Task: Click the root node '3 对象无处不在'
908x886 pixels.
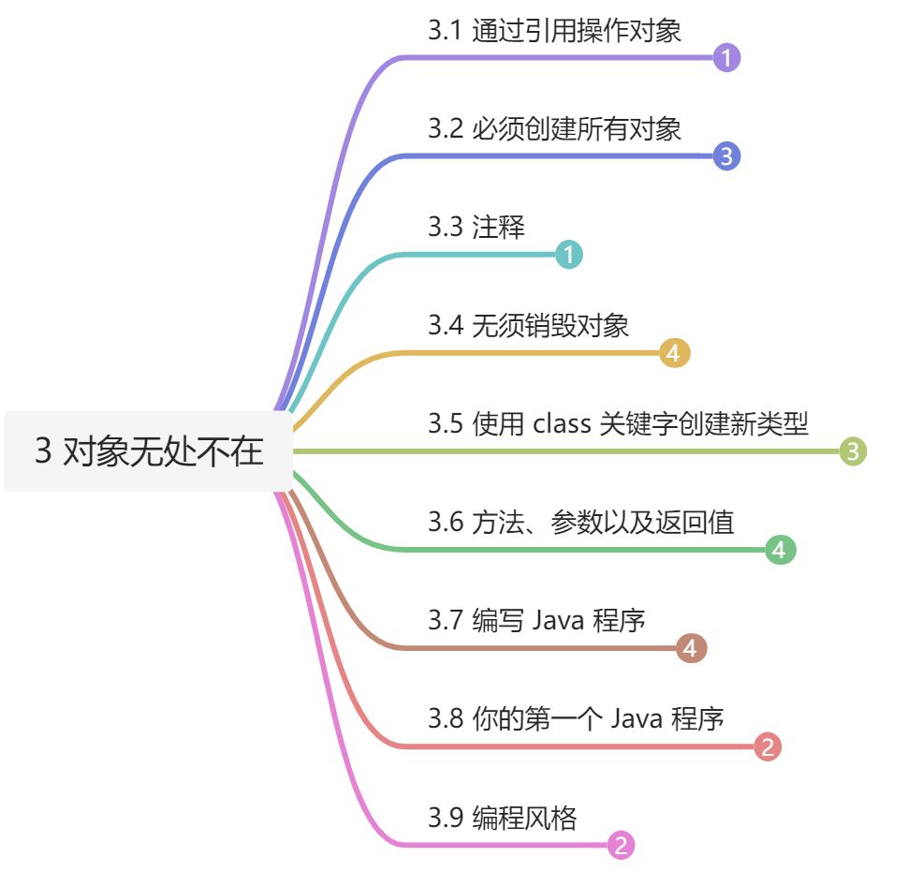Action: pos(149,452)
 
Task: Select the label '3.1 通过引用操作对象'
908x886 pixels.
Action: pos(554,31)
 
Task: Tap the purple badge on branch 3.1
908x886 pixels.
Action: pos(726,58)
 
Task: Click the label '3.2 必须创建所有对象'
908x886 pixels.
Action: pos(554,128)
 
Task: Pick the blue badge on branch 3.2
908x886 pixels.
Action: pos(726,156)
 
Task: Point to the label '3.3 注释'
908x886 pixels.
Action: pos(476,228)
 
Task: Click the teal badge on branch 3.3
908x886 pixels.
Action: pos(568,254)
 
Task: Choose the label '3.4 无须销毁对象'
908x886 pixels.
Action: pos(528,326)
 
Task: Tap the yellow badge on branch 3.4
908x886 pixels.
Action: pos(675,353)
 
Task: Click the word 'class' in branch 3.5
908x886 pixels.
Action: pos(561,424)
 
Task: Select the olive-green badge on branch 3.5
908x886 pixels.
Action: pos(853,452)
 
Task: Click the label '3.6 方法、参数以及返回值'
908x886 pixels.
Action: pos(580,522)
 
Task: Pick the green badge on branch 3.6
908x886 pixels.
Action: pos(780,550)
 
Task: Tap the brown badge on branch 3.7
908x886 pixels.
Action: pos(691,647)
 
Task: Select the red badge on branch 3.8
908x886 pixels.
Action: pos(768,746)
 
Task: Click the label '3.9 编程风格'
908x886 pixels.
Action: pos(502,818)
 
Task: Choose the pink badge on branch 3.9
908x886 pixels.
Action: pos(621,846)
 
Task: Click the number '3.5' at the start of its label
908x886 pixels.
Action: pos(446,424)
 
